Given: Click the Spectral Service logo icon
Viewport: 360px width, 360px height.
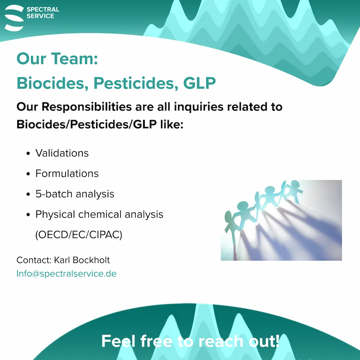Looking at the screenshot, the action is point(14,18).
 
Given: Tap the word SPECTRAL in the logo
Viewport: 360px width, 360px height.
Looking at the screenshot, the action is point(43,10).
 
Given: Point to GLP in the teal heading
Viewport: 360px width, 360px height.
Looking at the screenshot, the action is point(200,83).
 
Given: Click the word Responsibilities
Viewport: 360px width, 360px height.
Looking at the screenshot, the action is point(87,107).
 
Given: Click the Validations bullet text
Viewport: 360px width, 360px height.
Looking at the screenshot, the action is point(62,153).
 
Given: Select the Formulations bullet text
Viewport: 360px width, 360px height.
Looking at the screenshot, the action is point(67,174).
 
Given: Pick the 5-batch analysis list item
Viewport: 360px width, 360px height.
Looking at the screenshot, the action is point(75,194).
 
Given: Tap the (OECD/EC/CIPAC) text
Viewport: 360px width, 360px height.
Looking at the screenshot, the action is point(79,235).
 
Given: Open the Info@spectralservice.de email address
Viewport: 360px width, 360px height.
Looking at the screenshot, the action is point(66,274).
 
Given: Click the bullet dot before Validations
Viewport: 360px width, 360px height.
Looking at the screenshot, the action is point(28,153).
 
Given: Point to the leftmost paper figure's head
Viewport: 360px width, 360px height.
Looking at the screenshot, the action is point(228,216).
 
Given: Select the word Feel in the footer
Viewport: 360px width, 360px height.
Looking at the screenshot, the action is point(118,341).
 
